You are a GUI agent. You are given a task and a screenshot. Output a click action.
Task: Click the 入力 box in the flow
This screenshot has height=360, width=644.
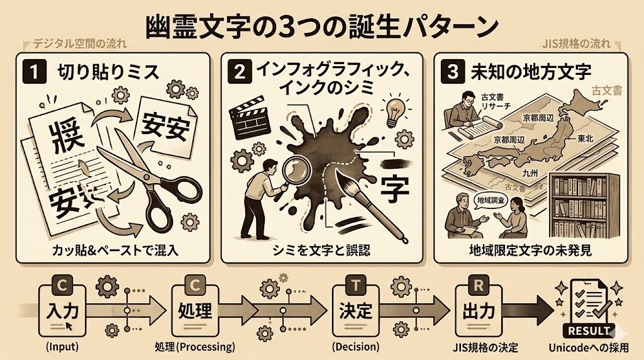[x=62, y=310]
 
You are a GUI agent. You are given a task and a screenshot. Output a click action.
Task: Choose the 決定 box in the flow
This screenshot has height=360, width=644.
[x=355, y=310]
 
